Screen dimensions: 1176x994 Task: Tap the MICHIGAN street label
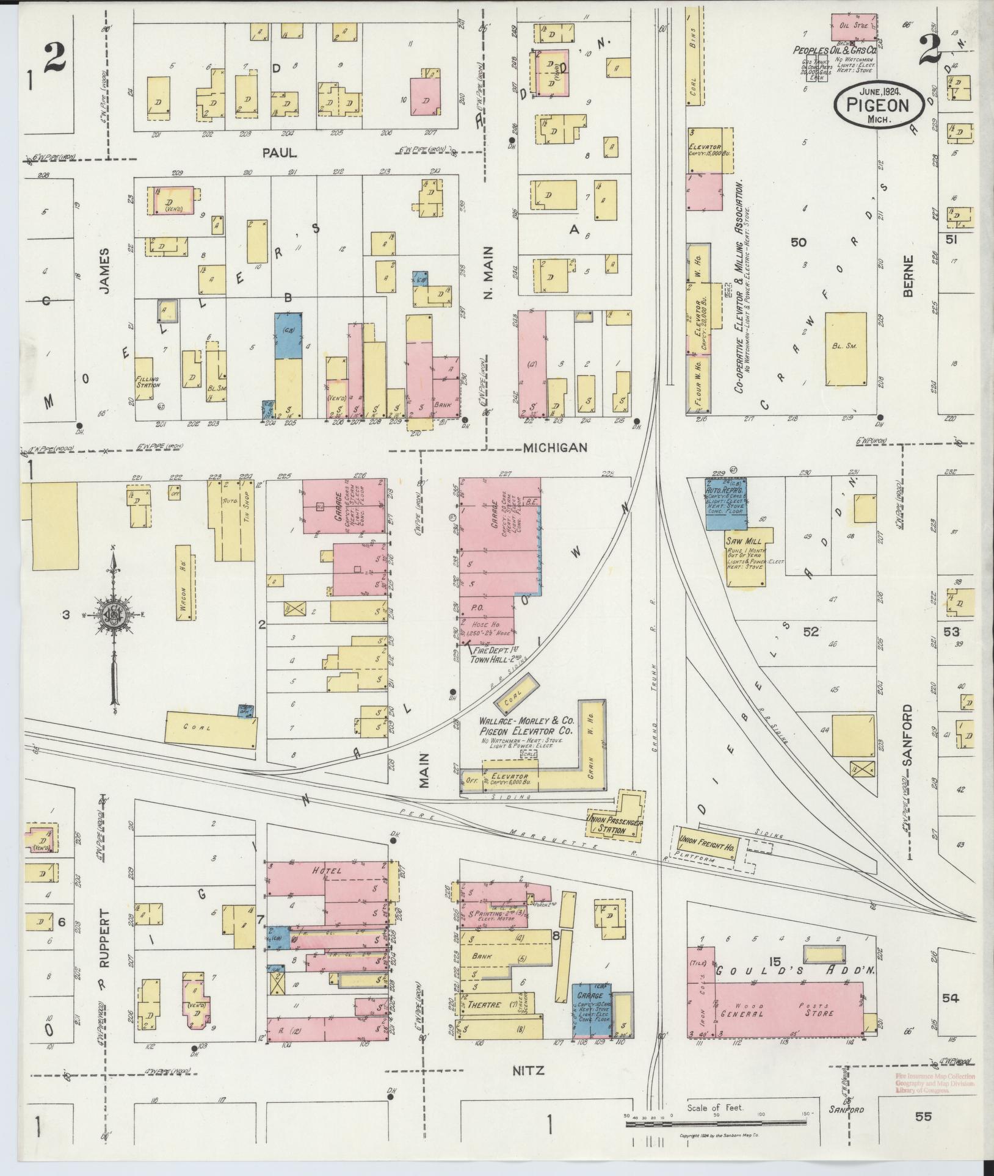555,448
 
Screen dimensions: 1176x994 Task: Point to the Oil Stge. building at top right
854,27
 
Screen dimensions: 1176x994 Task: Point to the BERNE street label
909,276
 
